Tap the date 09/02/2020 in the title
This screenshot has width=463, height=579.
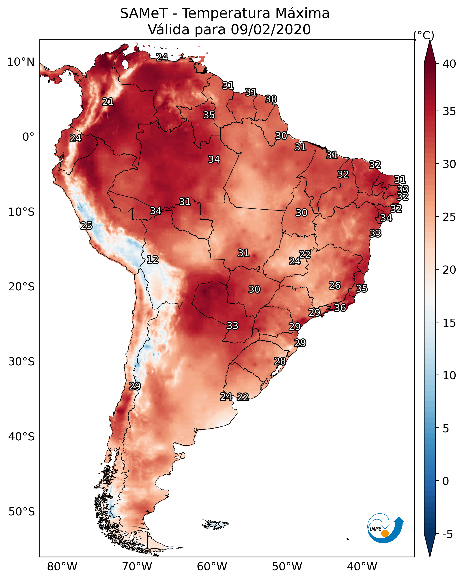click(271, 30)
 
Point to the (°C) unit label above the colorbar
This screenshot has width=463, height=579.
click(424, 35)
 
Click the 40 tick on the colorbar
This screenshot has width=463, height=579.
click(449, 64)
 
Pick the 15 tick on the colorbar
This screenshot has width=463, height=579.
click(449, 323)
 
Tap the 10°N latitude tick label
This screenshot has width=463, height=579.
click(21, 62)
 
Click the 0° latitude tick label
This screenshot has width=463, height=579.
click(28, 137)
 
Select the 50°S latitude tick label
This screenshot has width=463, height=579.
click(22, 512)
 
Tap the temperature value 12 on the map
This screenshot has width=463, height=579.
click(153, 259)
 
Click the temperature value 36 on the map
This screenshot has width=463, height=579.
click(340, 308)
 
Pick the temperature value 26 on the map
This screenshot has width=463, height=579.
click(335, 285)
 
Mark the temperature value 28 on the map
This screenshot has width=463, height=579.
click(280, 361)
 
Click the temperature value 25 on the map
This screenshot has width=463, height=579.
click(86, 226)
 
